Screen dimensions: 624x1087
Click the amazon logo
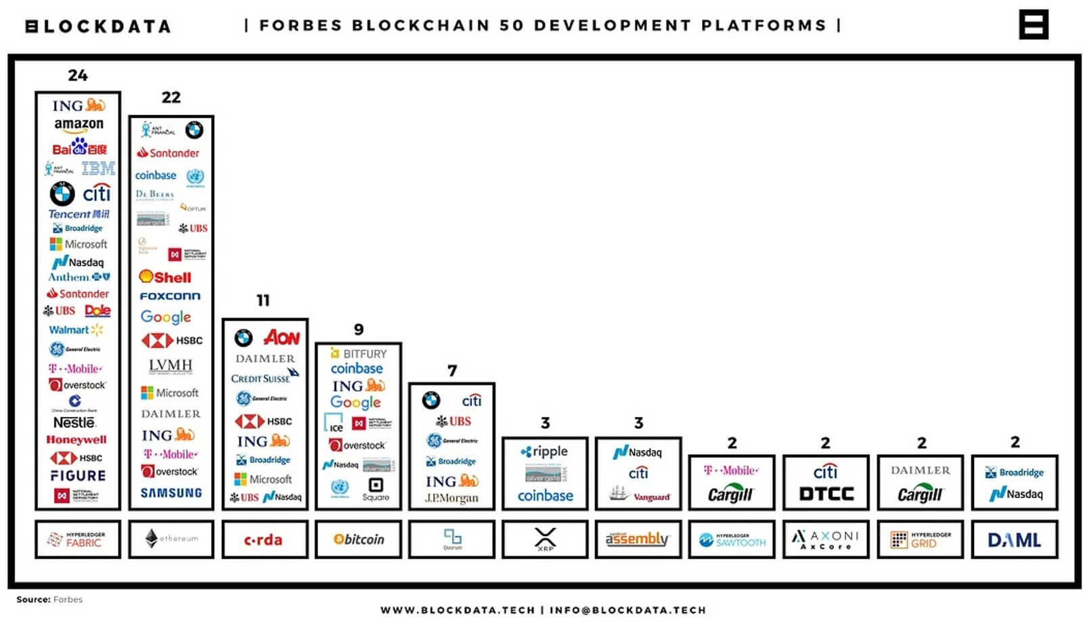click(79, 125)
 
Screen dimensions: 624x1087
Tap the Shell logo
click(165, 277)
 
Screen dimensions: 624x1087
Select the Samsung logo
click(171, 493)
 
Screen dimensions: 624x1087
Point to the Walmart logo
click(75, 330)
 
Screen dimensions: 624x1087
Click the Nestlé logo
click(74, 422)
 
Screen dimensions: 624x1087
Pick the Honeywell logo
click(76, 439)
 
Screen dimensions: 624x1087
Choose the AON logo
click(282, 337)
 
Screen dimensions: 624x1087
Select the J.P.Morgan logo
click(451, 498)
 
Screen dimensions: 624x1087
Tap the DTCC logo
click(826, 493)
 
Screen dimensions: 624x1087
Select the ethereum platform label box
click(171, 539)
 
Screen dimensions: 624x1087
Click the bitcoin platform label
click(359, 539)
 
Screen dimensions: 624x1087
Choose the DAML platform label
click(1014, 539)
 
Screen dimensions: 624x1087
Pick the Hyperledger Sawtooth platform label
click(732, 539)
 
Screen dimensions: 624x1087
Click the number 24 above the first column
click(78, 75)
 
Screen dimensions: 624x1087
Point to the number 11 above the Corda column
click(263, 300)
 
